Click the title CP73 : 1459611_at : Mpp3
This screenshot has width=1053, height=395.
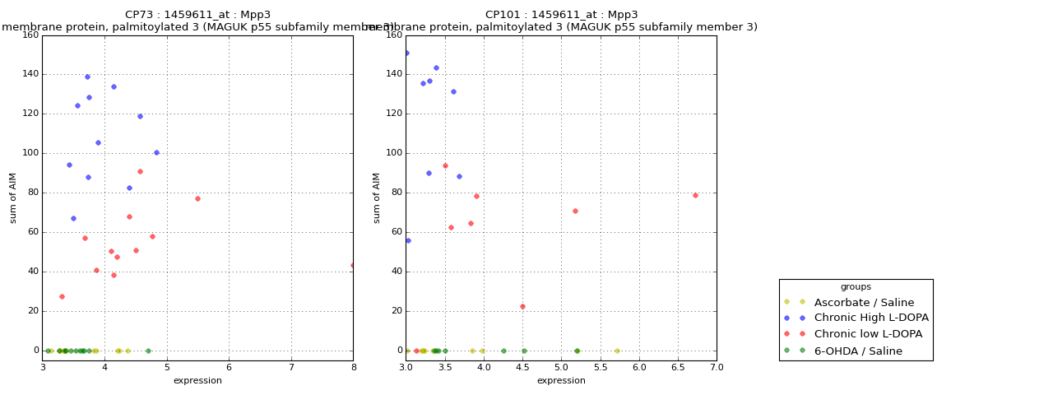pos(197,15)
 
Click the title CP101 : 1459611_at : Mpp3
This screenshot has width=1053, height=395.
pos(561,15)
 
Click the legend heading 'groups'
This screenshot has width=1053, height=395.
pos(856,287)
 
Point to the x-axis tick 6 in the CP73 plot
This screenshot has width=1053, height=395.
pos(229,367)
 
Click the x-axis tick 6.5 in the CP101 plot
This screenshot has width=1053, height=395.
pos(678,367)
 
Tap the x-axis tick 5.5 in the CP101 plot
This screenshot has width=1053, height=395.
pos(601,367)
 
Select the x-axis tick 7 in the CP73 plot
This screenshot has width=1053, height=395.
pos(291,367)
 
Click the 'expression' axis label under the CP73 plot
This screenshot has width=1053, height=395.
pos(197,380)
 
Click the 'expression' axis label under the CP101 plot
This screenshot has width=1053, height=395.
pos(561,380)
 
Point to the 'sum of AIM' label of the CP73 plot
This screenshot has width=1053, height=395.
pos(13,197)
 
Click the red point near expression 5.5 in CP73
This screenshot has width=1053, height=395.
pos(197,198)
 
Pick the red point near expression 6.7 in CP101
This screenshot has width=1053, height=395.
pos(695,195)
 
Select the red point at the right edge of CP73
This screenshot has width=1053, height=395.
pos(352,265)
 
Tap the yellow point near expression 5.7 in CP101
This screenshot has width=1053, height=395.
pos(617,351)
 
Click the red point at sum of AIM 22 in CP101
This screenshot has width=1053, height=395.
pos(522,306)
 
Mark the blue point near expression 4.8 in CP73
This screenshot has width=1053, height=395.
pos(156,152)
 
